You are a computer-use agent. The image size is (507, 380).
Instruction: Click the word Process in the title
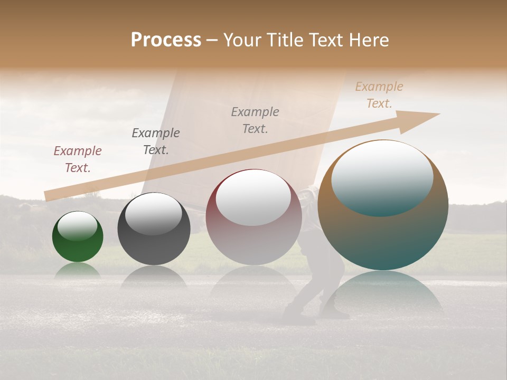166,40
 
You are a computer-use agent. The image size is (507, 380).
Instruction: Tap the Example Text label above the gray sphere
156,141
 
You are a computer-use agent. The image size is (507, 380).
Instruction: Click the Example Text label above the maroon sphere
255,120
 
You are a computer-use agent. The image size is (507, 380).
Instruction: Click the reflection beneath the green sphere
78,270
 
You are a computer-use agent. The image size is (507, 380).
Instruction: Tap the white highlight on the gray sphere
153,214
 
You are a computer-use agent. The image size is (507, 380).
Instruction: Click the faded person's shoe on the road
298,319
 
